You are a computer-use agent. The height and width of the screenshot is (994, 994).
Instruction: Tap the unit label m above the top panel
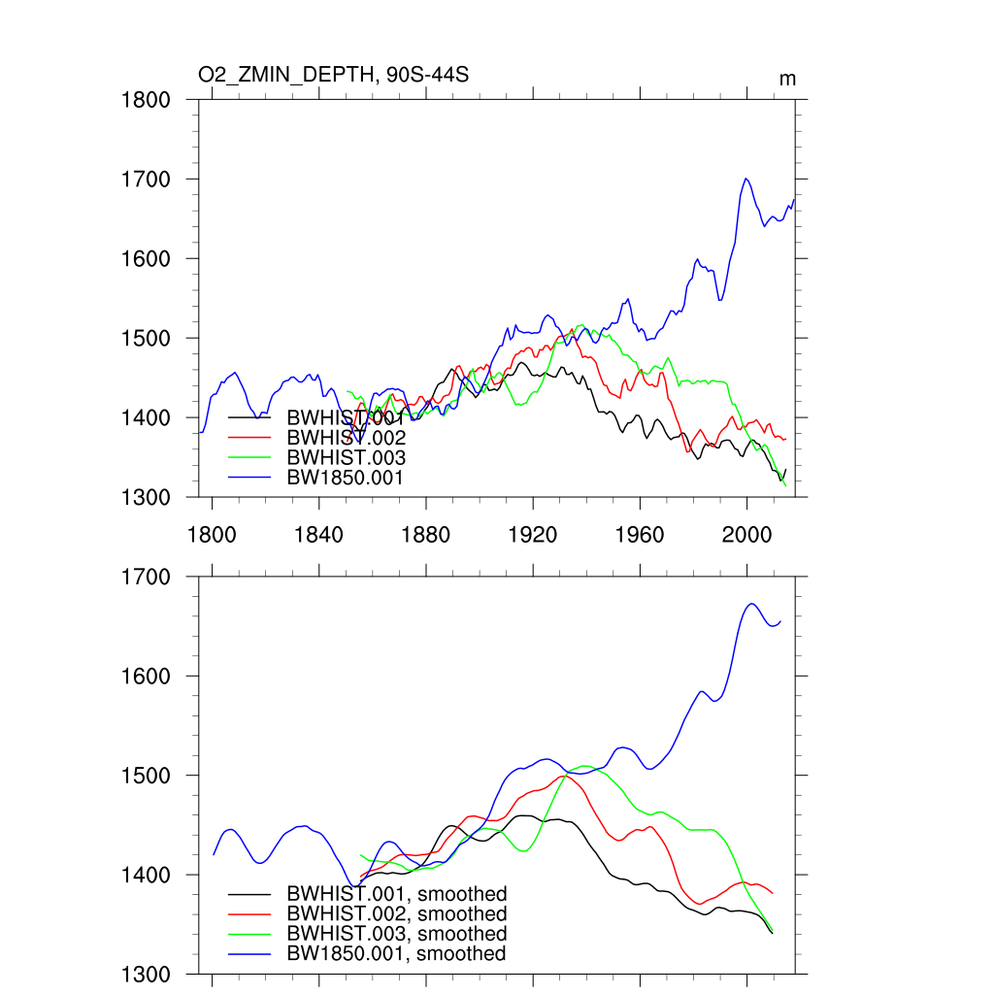[787, 79]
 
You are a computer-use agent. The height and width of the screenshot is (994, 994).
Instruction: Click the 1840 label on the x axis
[318, 533]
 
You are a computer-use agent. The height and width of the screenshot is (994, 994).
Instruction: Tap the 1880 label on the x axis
[426, 533]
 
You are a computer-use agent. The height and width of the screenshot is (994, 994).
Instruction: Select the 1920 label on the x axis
[533, 533]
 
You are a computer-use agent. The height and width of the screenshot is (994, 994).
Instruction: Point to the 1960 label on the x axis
[640, 533]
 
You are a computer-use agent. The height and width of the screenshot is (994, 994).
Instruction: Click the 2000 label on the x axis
[747, 533]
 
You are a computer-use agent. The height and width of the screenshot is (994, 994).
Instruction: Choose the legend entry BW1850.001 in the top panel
[346, 478]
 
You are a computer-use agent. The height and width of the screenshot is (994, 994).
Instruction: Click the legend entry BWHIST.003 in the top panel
[346, 457]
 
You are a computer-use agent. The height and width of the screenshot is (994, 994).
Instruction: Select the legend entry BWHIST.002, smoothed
[397, 914]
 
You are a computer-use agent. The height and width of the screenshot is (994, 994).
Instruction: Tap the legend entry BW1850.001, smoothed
[397, 954]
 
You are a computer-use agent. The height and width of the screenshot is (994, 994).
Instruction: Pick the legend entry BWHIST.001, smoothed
[397, 894]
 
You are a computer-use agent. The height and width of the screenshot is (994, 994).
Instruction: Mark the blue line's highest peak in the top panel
[745, 179]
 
